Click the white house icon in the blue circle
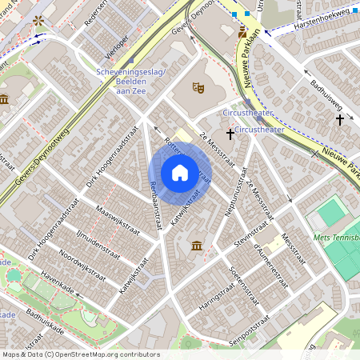coord(180,173)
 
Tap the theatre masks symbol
coord(198,86)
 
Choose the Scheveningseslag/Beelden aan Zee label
coord(130,78)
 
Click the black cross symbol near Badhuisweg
coord(340,119)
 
